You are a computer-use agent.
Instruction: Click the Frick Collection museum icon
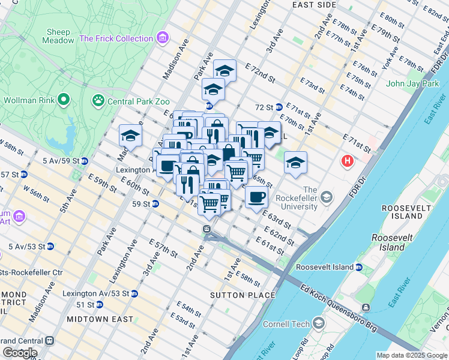(162, 38)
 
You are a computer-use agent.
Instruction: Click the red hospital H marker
(347, 161)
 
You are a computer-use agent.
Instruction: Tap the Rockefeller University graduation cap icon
(327, 197)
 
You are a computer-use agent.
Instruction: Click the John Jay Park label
(413, 83)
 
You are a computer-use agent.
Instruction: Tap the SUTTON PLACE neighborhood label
(243, 295)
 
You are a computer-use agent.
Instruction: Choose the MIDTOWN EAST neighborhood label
(100, 319)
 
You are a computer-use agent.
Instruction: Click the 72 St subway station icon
(279, 107)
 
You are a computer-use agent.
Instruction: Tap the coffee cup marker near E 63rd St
(256, 197)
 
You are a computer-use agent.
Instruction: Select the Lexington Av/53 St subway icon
(134, 293)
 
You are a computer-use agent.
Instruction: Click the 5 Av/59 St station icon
(85, 161)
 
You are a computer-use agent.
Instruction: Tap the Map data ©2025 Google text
(411, 355)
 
